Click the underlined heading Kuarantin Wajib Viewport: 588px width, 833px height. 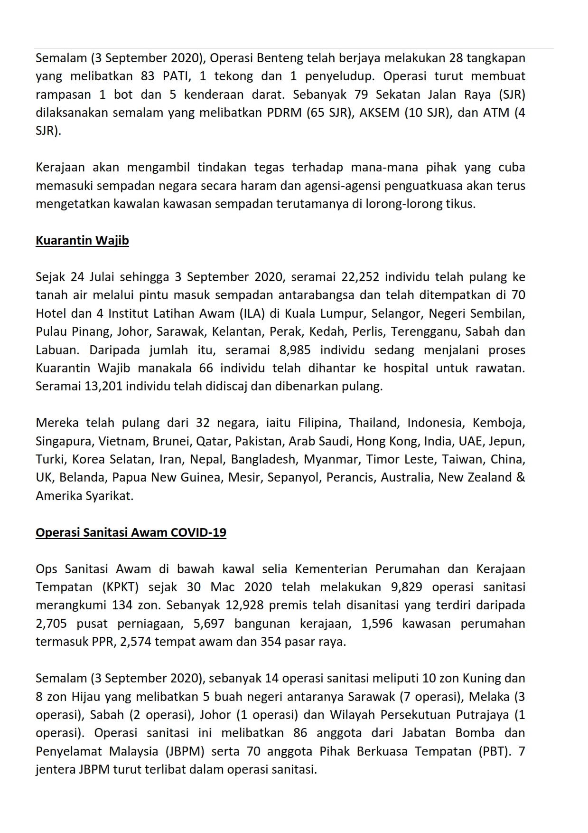pos(82,240)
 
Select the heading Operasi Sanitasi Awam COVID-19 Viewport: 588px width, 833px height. pos(131,532)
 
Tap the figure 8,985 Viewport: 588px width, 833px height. pos(295,350)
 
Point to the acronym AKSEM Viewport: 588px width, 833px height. pos(381,113)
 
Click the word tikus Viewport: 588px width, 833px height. pos(459,204)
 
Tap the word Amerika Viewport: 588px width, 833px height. pos(58,496)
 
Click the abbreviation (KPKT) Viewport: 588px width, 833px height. pos(120,587)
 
